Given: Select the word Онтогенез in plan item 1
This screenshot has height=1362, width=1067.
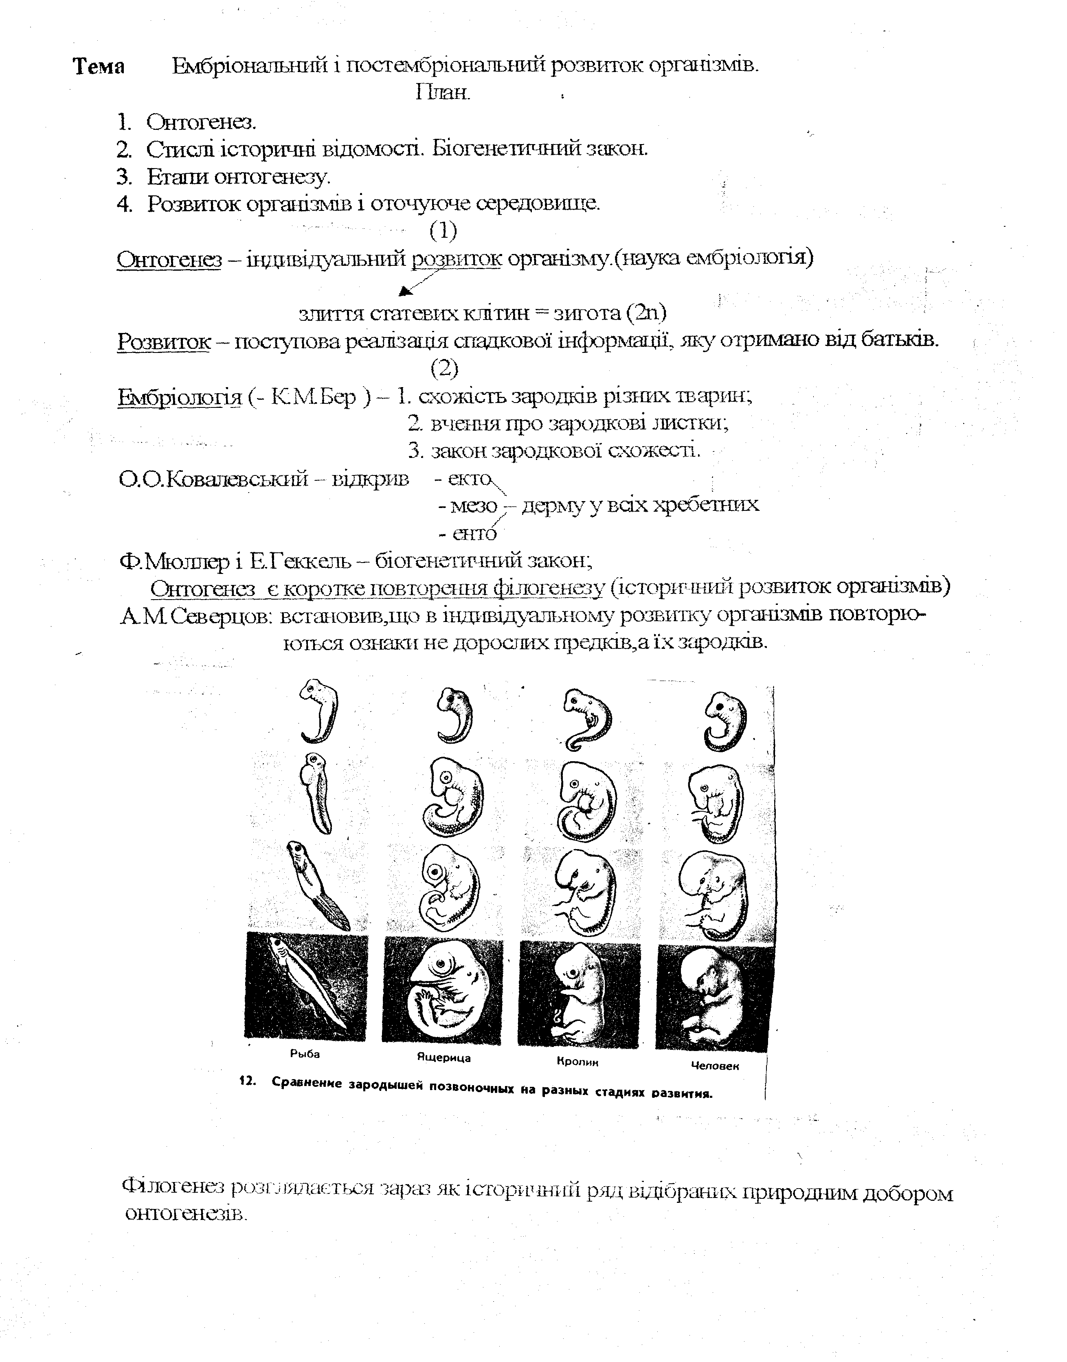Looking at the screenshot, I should tap(201, 123).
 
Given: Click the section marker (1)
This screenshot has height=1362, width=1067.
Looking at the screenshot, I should tap(443, 231).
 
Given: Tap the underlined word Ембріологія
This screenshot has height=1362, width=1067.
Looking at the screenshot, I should tap(179, 397).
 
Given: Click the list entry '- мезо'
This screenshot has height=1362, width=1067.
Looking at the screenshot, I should tap(468, 506).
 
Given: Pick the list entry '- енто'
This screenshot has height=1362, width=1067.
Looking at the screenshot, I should tap(468, 533).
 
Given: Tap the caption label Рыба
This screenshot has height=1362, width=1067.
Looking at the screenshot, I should tap(305, 1054).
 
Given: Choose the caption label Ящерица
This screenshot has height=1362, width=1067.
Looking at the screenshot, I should tap(443, 1058).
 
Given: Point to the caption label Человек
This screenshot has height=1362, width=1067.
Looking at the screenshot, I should tap(715, 1066).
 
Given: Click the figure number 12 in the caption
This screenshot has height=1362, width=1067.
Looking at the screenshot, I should tap(248, 1082).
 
